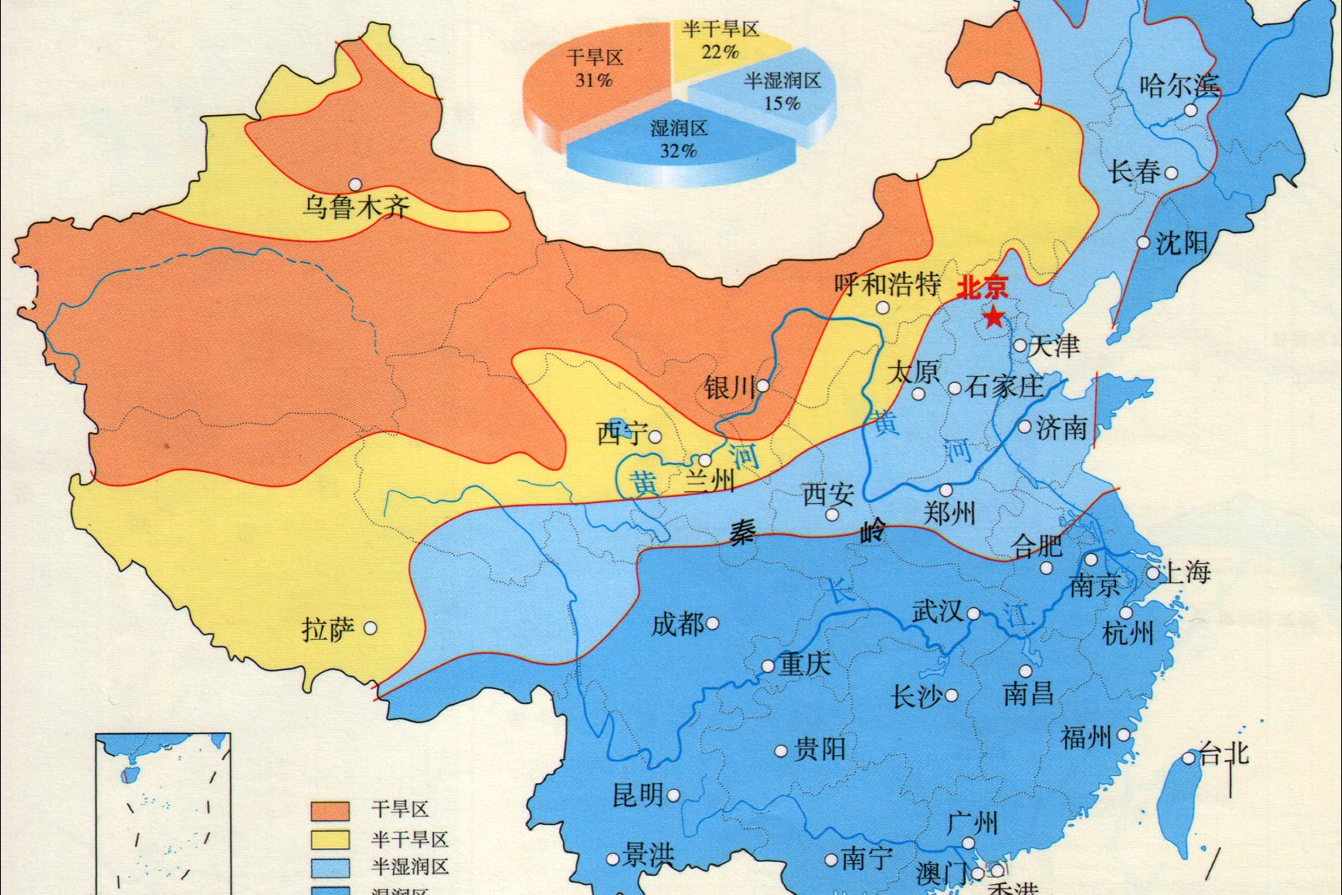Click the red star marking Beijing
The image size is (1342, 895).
[x=993, y=317]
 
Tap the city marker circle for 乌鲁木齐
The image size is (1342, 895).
[x=356, y=184]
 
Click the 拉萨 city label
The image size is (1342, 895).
[x=328, y=629]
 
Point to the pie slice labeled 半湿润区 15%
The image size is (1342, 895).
[x=772, y=92]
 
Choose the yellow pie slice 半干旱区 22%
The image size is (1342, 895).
[x=722, y=46]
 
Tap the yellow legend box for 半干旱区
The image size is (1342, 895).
[x=329, y=839]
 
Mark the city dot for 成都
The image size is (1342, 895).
[x=712, y=623]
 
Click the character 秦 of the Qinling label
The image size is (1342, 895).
[x=742, y=531]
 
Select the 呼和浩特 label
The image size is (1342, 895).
[x=887, y=285]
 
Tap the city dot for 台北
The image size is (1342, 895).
[x=1189, y=758]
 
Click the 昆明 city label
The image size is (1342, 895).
[x=638, y=795]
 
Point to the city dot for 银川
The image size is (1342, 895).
[x=762, y=385]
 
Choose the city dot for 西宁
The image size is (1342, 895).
[x=656, y=436]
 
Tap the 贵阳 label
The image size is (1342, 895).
[x=820, y=749]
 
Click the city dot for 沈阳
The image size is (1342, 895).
[x=1143, y=243]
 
